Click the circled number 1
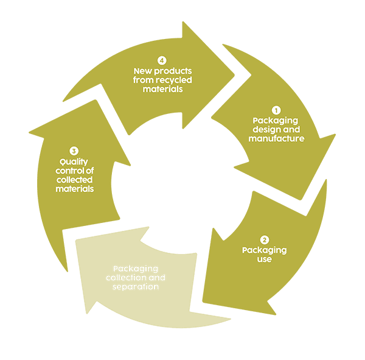[276, 110]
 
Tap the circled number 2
[264, 240]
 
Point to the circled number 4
[161, 61]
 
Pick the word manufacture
[276, 138]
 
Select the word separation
[136, 286]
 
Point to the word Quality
[74, 161]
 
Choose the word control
[66, 171]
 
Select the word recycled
[174, 80]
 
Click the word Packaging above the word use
[264, 250]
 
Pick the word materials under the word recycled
[162, 90]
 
